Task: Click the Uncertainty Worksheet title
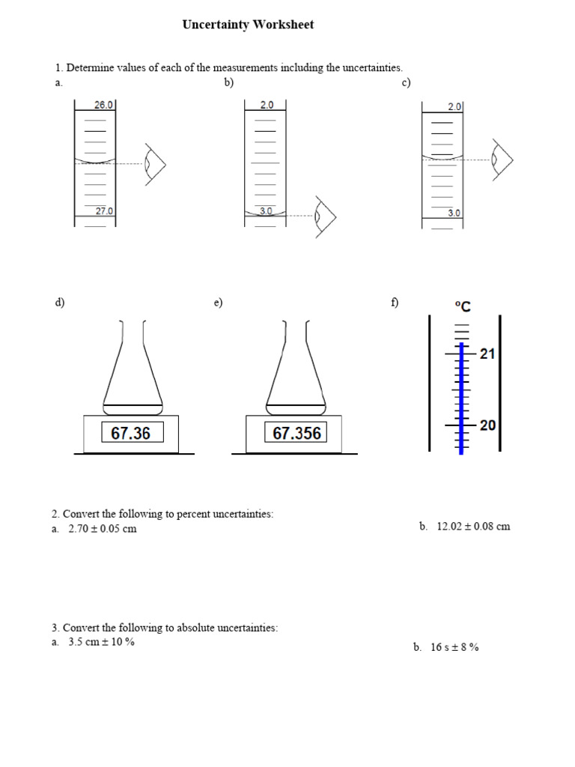click(x=248, y=25)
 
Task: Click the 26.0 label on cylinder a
click(x=103, y=106)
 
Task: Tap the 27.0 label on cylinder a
click(x=104, y=211)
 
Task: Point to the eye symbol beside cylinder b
click(x=325, y=216)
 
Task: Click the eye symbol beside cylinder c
click(x=502, y=160)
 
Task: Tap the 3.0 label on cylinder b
click(x=267, y=211)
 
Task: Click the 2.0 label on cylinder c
click(x=454, y=107)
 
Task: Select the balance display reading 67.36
click(x=131, y=433)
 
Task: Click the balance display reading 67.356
click(x=296, y=433)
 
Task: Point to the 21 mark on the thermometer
click(x=487, y=354)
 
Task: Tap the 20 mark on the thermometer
click(x=487, y=425)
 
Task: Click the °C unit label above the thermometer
click(x=463, y=306)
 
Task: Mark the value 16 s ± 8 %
click(x=454, y=647)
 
